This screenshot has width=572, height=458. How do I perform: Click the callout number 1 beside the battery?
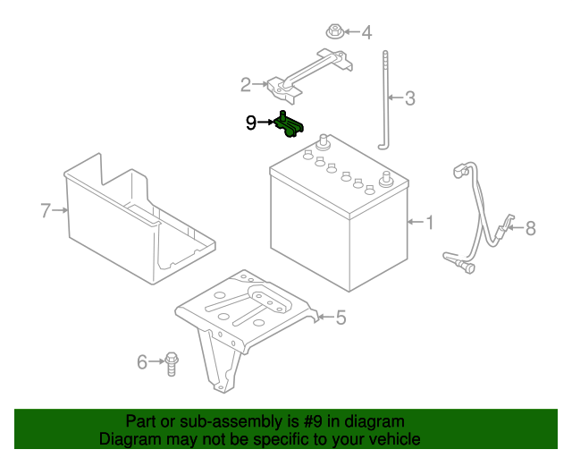click(x=430, y=222)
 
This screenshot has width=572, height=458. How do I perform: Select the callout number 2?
click(x=246, y=85)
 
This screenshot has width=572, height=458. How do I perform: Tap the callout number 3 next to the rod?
click(x=409, y=98)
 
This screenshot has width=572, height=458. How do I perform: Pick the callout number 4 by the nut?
click(x=366, y=33)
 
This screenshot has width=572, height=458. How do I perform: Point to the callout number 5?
click(x=341, y=317)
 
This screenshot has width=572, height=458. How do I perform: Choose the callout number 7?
click(x=46, y=210)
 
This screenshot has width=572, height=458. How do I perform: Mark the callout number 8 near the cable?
click(x=530, y=228)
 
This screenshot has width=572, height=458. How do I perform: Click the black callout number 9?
click(x=251, y=122)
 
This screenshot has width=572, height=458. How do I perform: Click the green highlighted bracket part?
click(x=290, y=126)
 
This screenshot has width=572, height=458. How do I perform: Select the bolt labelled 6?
click(x=172, y=362)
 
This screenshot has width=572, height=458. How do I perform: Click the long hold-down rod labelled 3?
click(x=386, y=98)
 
